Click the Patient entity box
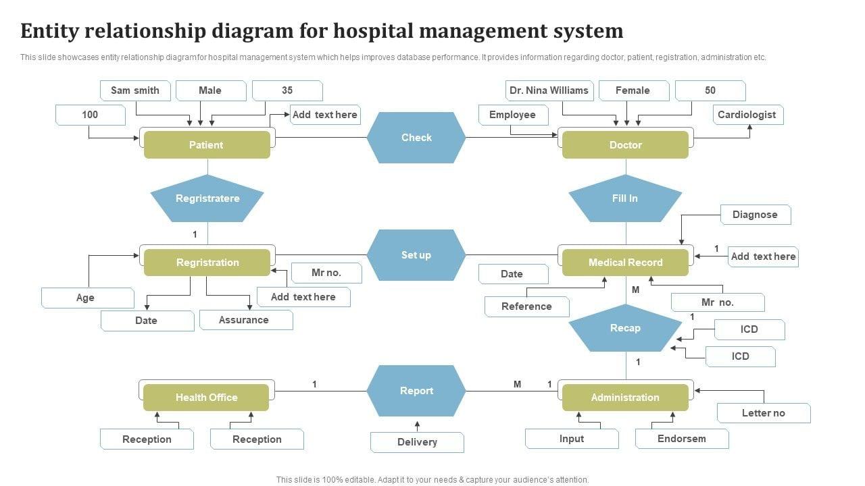point(207,145)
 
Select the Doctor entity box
point(625,145)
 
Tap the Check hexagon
point(416,138)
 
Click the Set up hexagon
point(416,255)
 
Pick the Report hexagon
point(416,391)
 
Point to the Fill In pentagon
point(625,198)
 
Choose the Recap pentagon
point(625,329)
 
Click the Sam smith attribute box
point(135,90)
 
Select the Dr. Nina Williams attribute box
point(549,90)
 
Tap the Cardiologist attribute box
point(747,115)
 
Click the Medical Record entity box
point(625,263)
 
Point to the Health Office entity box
point(206,398)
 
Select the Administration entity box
point(625,398)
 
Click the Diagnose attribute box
point(755,215)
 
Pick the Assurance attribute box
point(244,320)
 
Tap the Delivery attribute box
point(417,442)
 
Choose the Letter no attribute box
point(763,413)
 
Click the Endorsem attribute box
point(681,439)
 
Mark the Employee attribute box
point(512,115)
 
